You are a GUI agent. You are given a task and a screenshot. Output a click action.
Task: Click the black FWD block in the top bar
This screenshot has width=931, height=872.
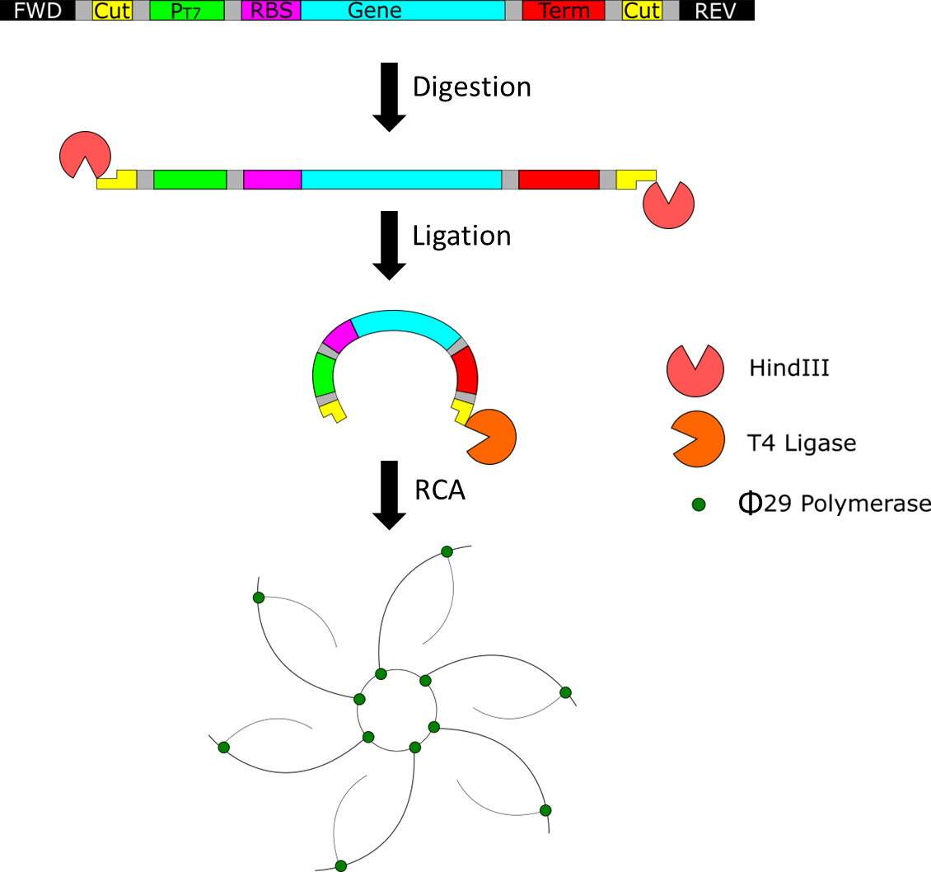pyautogui.click(x=37, y=11)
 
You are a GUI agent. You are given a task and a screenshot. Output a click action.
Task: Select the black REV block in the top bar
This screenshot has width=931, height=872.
pyautogui.click(x=716, y=11)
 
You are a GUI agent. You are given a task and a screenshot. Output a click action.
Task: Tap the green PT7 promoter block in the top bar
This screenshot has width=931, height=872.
pyautogui.click(x=187, y=11)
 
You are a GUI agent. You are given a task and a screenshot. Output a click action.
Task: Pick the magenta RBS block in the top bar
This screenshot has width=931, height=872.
pyautogui.click(x=271, y=11)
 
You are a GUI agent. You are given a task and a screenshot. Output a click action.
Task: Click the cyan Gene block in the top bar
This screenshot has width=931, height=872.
pyautogui.click(x=403, y=11)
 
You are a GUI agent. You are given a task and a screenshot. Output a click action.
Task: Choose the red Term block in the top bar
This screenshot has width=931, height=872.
pyautogui.click(x=564, y=11)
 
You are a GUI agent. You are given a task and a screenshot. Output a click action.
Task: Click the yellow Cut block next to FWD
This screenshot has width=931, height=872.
pyautogui.click(x=113, y=11)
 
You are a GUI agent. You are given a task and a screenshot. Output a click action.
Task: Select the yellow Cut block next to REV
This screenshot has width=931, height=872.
pyautogui.click(x=643, y=11)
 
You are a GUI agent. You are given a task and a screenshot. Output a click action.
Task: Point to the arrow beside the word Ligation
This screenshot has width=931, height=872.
pyautogui.click(x=389, y=246)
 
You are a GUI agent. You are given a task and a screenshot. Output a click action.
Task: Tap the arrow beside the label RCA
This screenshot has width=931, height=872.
pyautogui.click(x=389, y=495)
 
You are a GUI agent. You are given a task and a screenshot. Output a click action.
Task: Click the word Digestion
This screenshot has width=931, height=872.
pyautogui.click(x=471, y=87)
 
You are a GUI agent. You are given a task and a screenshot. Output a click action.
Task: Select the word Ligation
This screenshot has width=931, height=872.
pyautogui.click(x=461, y=236)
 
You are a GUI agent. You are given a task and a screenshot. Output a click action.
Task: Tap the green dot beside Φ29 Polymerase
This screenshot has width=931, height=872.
pyautogui.click(x=699, y=503)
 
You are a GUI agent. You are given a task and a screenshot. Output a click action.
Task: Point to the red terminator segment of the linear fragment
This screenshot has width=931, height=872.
pyautogui.click(x=559, y=179)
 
